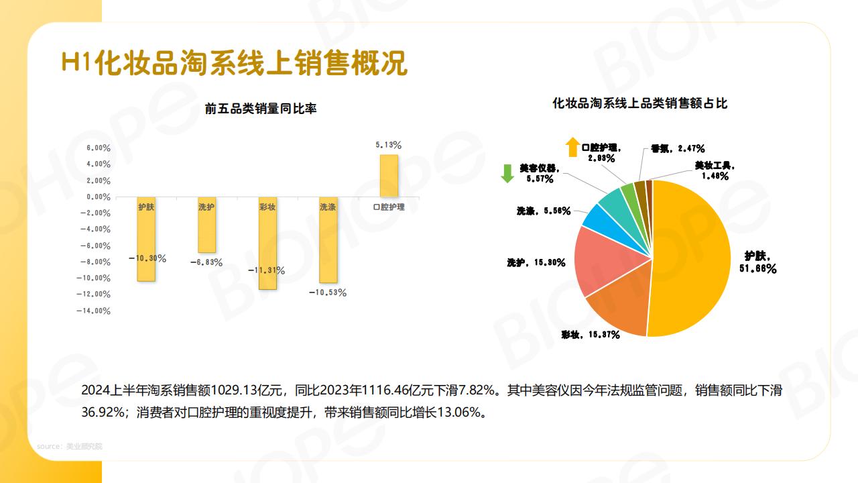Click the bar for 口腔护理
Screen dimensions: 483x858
389,176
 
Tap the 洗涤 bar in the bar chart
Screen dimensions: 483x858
328,248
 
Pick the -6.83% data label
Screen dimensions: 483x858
206,262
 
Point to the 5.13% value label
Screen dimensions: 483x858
389,145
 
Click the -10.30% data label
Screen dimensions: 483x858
147,258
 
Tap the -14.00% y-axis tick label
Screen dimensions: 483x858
94,311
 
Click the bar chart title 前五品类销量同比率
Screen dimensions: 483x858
261,109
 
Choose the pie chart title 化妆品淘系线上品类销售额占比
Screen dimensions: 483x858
639,103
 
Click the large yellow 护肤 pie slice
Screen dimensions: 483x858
690,262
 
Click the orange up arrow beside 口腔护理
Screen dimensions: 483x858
572,147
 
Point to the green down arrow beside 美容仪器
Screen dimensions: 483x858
507,173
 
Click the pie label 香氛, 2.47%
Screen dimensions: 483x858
677,148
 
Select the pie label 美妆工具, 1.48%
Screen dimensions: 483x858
715,170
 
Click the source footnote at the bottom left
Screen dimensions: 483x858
70,446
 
